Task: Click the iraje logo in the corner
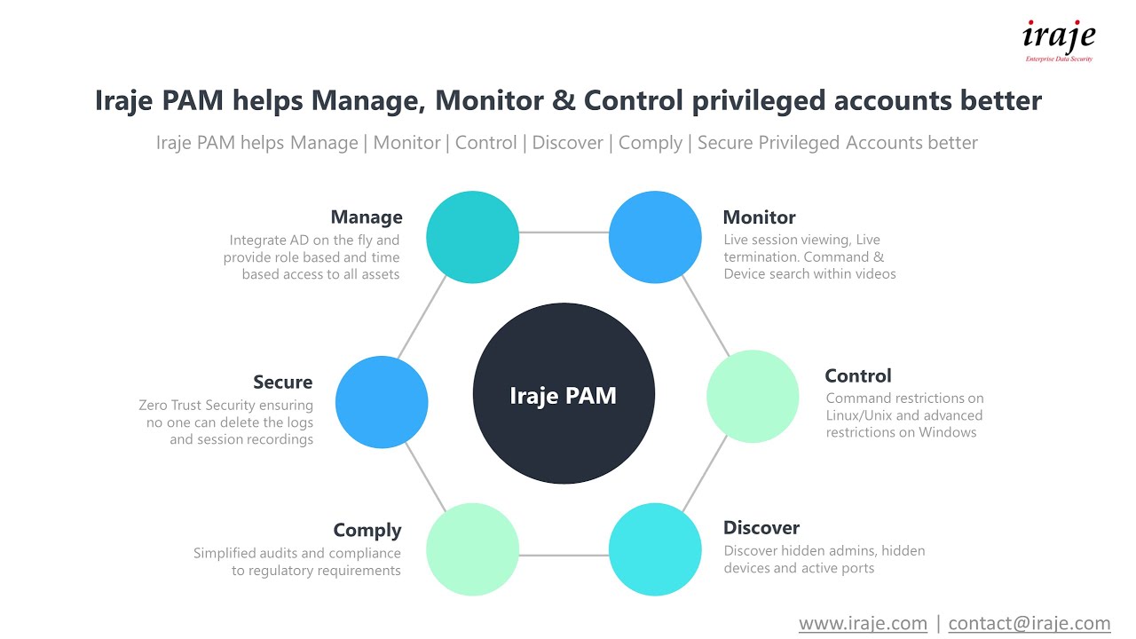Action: coord(1059,40)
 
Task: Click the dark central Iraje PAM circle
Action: coord(564,395)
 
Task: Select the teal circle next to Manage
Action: coord(472,237)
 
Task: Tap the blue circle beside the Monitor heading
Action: coord(655,237)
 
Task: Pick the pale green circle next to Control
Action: coord(753,396)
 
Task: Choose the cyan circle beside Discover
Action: coord(655,549)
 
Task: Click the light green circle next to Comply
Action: coord(472,549)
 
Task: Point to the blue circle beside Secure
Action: coord(382,402)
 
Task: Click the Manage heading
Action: coord(367,217)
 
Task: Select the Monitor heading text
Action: coord(759,217)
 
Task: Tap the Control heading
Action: coord(857,376)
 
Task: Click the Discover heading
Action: coord(761,528)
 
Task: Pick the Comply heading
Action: coord(367,531)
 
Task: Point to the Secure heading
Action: coord(283,383)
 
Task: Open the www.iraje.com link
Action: coord(863,623)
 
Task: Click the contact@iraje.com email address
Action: coord(1029,623)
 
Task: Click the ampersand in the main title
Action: coord(564,100)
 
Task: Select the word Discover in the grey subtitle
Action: coord(567,143)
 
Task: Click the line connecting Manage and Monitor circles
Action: coord(564,233)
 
